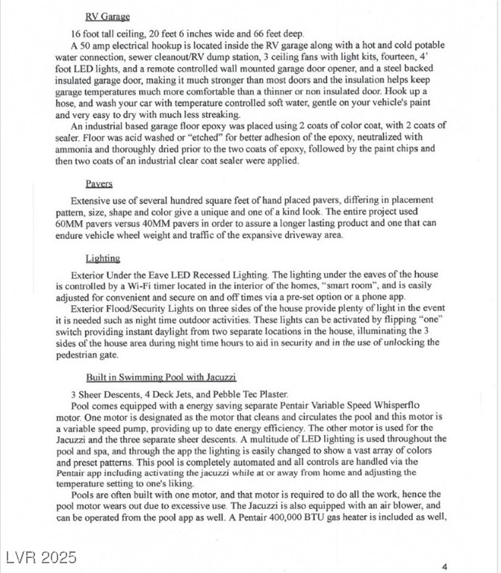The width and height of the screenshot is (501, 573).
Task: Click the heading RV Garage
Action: tap(108, 16)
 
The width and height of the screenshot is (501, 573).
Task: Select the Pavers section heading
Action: tap(99, 183)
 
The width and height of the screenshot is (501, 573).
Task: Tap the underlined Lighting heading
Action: tap(102, 258)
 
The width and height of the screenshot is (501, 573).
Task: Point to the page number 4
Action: tap(444, 567)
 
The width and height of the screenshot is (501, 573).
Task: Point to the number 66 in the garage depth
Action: tap(261, 34)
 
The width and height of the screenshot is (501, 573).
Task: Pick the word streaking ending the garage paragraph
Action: tap(218, 115)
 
